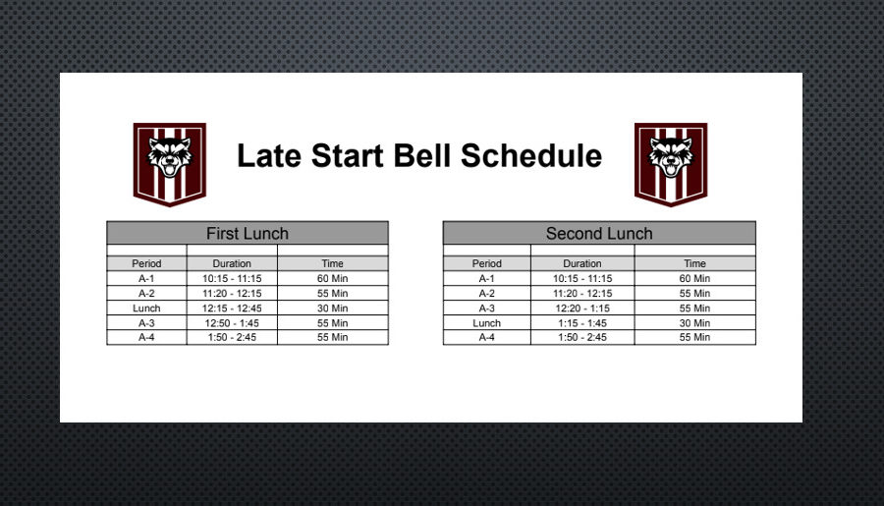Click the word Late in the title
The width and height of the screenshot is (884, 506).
click(269, 155)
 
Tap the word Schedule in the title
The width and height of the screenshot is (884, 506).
click(531, 155)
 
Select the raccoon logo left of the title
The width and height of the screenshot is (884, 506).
click(170, 164)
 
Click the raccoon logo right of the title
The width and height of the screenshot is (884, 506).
click(671, 164)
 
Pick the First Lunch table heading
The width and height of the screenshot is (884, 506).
click(248, 233)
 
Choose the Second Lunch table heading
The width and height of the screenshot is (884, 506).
click(599, 233)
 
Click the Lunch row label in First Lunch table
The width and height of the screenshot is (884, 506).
click(146, 308)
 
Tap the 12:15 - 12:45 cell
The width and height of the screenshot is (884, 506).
click(232, 308)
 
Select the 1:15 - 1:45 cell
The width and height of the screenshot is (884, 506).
click(582, 323)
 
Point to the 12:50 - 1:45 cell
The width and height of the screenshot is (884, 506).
click(232, 323)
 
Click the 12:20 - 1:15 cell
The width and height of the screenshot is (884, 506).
click(582, 308)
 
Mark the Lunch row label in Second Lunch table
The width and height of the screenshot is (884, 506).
click(486, 323)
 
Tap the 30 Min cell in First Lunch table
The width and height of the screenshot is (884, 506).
click(333, 308)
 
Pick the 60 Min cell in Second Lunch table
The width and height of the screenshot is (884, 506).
click(694, 278)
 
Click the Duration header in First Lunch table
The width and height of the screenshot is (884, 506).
click(232, 263)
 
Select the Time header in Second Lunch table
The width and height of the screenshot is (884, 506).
click(694, 263)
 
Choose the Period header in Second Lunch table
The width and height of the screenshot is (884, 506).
click(486, 263)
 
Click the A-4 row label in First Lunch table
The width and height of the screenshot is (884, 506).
click(146, 337)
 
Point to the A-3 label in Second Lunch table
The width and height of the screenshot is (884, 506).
click(486, 308)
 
